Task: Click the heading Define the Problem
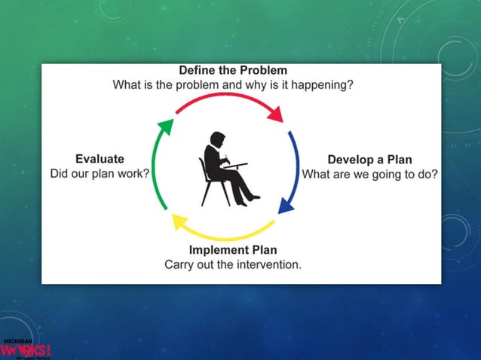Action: coord(233,71)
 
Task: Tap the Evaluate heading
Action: coord(100,159)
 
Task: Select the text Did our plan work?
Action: coord(100,173)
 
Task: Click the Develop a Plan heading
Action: coord(369,160)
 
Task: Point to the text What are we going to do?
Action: coord(369,174)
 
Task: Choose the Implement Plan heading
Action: coord(233,250)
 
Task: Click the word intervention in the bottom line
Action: coord(268,264)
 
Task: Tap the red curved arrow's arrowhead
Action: coord(276,114)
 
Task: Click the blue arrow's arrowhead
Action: coord(286,205)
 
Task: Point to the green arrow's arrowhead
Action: coord(167,127)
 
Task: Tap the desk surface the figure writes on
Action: coord(235,164)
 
